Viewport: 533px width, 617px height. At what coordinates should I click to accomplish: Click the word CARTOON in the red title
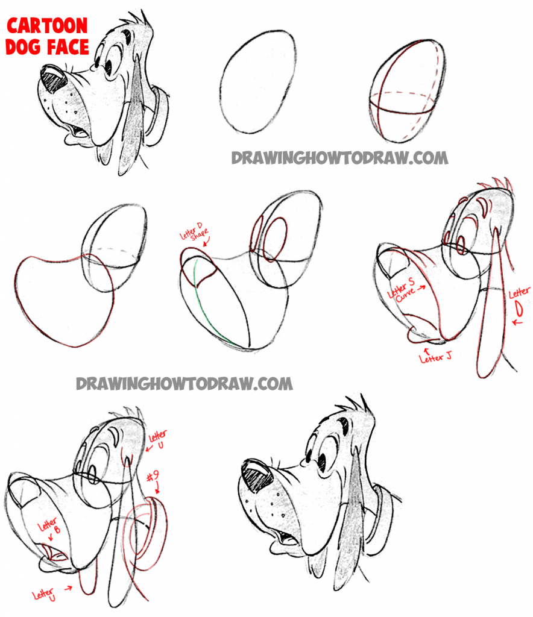pos(47,26)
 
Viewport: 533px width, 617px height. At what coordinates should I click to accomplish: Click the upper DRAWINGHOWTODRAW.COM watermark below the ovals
pos(339,158)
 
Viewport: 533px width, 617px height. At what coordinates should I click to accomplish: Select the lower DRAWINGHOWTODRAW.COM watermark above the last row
pos(184,383)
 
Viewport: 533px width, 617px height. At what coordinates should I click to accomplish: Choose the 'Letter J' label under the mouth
pos(434,358)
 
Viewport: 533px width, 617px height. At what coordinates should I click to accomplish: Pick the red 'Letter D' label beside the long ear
pos(519,301)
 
